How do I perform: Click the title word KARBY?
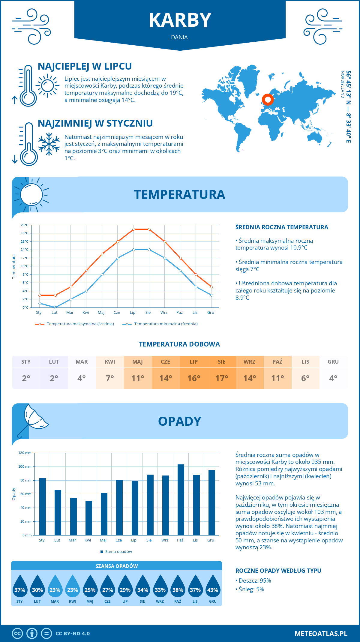coord(180,20)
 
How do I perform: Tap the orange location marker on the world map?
coord(268,100)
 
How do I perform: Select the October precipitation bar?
coord(181,499)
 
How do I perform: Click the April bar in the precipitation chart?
coord(88,518)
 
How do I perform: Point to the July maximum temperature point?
coord(133,229)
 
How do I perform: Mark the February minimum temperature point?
coord(55,307)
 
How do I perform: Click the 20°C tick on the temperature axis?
coord(25,225)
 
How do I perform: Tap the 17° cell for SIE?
coord(222,378)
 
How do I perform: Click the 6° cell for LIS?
coord(305,378)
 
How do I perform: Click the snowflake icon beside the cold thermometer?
coord(49,144)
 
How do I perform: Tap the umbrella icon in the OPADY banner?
coord(33,418)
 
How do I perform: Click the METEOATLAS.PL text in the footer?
coord(321,634)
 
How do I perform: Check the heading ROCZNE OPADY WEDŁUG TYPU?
coord(278,571)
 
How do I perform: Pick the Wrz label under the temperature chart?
coord(164,313)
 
